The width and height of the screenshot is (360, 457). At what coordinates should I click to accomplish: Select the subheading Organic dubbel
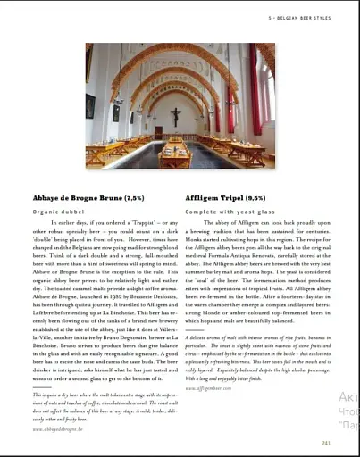coord(58,212)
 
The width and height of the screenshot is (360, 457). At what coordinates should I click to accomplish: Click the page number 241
coord(327,442)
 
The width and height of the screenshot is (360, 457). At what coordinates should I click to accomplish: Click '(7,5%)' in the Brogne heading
coord(132,197)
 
